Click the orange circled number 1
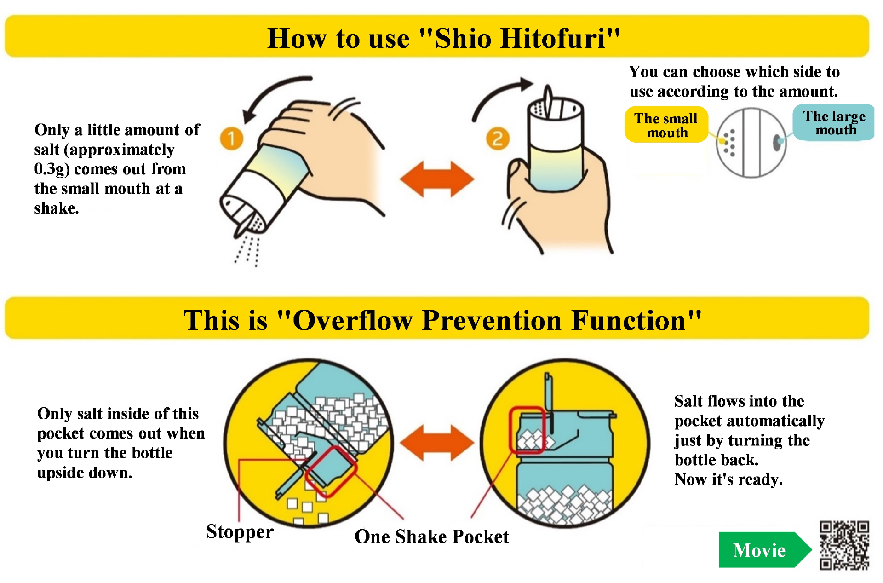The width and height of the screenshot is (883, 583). [x=231, y=138]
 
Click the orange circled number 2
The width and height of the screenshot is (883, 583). [x=498, y=139]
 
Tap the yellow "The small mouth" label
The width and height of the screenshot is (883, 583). [x=666, y=125]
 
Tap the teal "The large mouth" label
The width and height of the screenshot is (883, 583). [x=834, y=122]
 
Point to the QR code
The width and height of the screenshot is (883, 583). [x=844, y=545]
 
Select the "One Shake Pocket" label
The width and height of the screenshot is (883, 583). [x=432, y=537]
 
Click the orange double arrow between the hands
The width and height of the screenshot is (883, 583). [x=437, y=179]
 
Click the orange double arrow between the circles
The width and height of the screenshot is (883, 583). [x=437, y=443]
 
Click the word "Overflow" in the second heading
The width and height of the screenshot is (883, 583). [x=353, y=320]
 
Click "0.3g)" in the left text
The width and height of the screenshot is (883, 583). [x=52, y=169]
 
